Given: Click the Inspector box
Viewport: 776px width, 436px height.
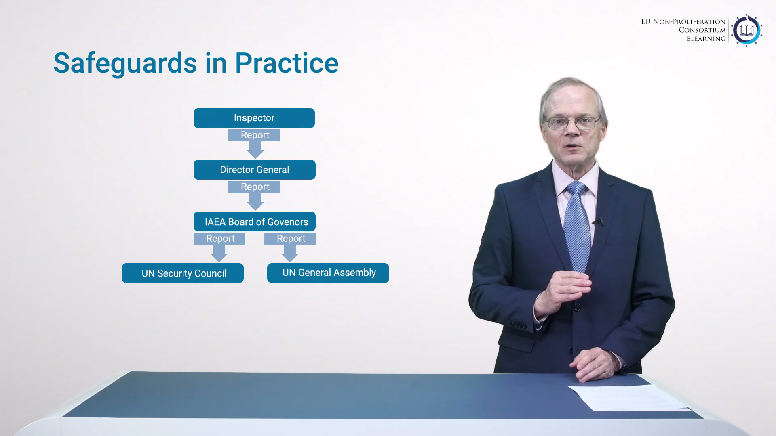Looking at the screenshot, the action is click(x=254, y=118).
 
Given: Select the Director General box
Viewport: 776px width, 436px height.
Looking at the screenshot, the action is click(x=255, y=170).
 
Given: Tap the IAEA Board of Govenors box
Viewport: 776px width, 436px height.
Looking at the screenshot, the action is click(x=255, y=222).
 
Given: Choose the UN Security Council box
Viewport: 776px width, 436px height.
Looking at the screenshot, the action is click(x=183, y=273).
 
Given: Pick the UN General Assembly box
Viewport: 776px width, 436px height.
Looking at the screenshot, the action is click(x=328, y=273).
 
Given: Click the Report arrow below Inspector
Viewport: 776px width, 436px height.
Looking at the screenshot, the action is click(x=255, y=143).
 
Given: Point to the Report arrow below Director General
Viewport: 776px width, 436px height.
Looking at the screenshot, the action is click(x=255, y=195).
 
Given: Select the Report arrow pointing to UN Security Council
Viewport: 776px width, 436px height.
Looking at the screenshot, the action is click(x=219, y=247).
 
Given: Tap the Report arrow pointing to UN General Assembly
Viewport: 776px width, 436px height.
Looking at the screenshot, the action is click(x=290, y=247).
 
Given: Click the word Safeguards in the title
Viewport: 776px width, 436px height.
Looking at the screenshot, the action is click(x=125, y=64).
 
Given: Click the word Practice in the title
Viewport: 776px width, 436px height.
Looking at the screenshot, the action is click(x=287, y=63).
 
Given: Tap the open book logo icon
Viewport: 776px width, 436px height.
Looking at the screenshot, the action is click(x=746, y=30).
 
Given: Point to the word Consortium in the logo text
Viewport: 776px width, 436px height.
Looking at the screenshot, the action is click(x=702, y=30).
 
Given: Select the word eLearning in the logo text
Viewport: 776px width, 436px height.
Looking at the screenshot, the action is click(x=706, y=39).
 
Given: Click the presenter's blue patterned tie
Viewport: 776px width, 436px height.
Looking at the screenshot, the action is click(x=577, y=226).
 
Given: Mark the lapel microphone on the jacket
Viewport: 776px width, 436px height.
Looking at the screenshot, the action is click(x=599, y=221).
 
